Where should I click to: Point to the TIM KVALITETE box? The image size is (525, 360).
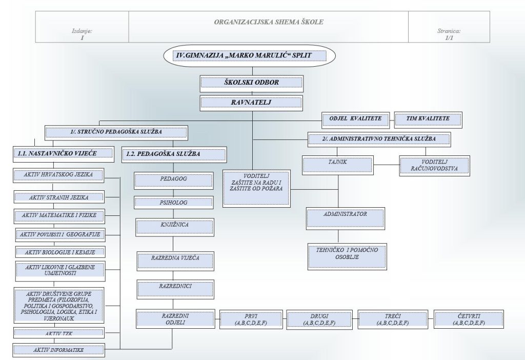(x=428, y=119)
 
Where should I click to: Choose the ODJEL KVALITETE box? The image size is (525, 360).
(x=355, y=119)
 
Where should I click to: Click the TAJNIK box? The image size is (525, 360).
(x=337, y=165)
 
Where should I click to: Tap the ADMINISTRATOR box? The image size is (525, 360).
(x=345, y=217)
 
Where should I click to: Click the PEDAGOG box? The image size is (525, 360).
(x=173, y=181)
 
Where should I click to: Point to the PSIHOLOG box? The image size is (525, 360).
(x=173, y=202)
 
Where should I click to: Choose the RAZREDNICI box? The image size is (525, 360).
(x=175, y=289)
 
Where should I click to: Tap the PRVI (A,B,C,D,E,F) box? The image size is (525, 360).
(x=251, y=319)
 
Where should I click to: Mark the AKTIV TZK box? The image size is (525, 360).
(x=59, y=333)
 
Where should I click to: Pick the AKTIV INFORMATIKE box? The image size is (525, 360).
(x=58, y=350)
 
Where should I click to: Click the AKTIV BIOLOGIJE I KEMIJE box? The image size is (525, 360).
(x=60, y=252)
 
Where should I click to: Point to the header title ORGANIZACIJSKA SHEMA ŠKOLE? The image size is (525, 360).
(x=268, y=23)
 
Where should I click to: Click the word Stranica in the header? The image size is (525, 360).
(x=449, y=31)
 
